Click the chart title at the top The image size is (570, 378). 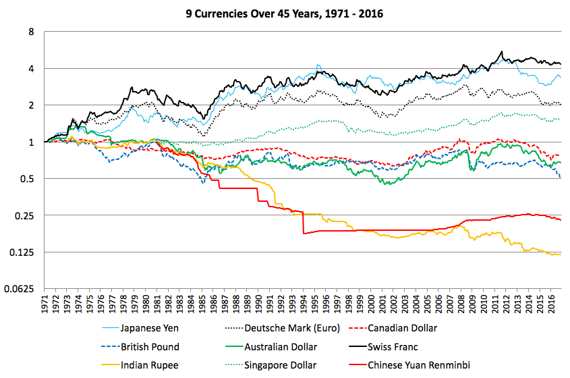click(285, 13)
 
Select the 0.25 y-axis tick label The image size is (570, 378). click(26, 215)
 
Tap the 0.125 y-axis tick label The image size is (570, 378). click(24, 252)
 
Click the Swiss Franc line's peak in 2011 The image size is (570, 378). click(501, 52)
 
